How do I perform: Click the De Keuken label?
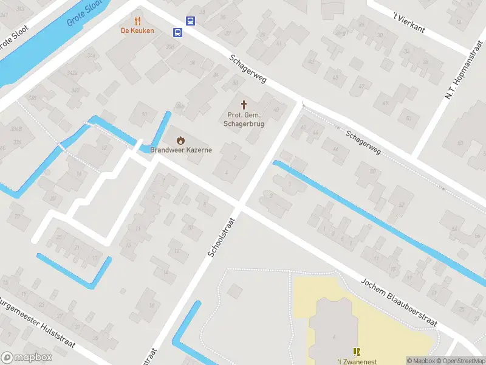click(137, 30)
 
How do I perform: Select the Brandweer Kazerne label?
click(181, 150)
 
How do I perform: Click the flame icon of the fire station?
click(180, 140)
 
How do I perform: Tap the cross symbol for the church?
click(245, 105)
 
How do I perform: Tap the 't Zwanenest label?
click(355, 361)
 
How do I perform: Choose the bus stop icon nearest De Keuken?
click(178, 32)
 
